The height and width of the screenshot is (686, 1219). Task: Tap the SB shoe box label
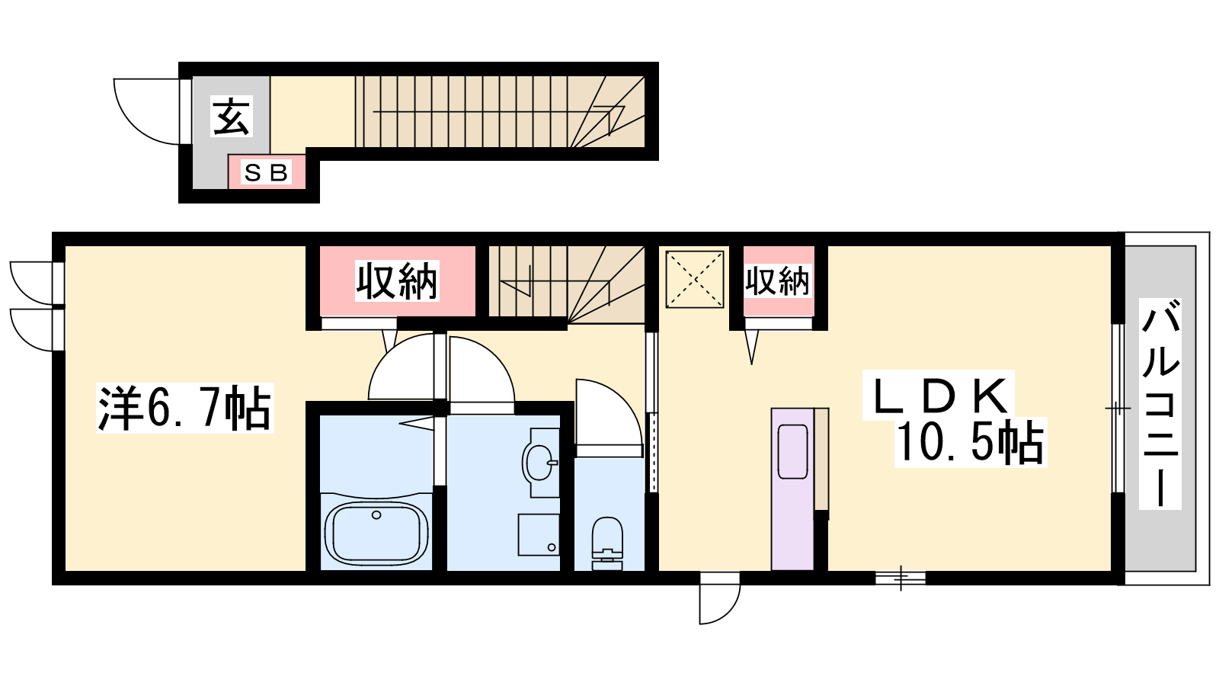point(266,173)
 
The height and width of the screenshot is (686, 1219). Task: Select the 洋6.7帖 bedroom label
point(184,409)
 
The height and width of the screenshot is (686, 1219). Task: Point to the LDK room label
point(939,396)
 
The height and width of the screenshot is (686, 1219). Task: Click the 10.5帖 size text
point(970,443)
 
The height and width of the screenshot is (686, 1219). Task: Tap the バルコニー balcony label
point(1160,403)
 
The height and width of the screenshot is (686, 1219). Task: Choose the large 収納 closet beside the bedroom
point(397,281)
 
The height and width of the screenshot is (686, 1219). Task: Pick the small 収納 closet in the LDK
point(778,281)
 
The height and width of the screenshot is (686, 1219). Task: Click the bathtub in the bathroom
point(376,533)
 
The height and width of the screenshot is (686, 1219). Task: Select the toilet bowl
point(606,543)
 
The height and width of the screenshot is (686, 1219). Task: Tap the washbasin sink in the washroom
point(539,463)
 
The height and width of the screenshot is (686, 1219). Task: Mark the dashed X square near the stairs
point(695,279)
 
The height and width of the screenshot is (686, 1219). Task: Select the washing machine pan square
point(539,534)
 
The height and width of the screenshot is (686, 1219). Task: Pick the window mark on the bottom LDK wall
point(901,578)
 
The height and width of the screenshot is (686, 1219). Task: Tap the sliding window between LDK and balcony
point(1118,409)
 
